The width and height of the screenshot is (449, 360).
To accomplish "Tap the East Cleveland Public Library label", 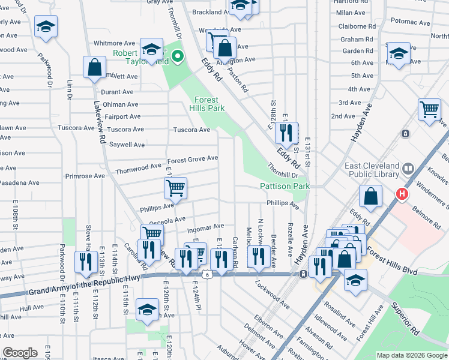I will point(372,170).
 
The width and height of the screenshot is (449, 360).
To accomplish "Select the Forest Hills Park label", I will point(207,104).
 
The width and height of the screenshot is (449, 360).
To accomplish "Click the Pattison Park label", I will point(285,187).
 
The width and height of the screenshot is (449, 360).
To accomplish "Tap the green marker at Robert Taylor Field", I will point(177,58).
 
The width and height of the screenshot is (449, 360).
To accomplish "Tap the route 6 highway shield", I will point(207,275).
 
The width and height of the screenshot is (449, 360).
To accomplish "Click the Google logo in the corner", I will point(20,353).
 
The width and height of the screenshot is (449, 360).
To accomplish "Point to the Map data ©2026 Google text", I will point(411,355).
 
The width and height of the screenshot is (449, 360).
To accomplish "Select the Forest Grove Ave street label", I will point(192,159).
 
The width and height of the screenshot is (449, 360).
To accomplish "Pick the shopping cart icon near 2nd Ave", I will point(429,110).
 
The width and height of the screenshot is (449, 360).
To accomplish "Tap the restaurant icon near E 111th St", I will point(86,262).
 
